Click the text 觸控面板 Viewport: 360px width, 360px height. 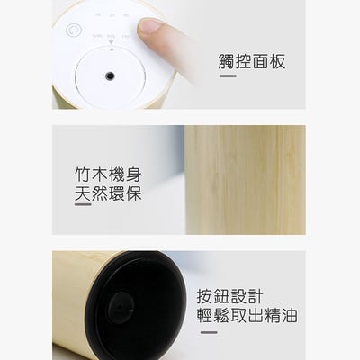coord(253,62)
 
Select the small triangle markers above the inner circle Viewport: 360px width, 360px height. coord(110,49)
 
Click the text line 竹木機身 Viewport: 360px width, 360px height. coord(108,173)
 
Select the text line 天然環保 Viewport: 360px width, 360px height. coord(108,193)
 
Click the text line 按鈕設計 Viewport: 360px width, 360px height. coord(230,297)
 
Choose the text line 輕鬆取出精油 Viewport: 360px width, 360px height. coord(247,317)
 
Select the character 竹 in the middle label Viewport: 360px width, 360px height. coord(83,173)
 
